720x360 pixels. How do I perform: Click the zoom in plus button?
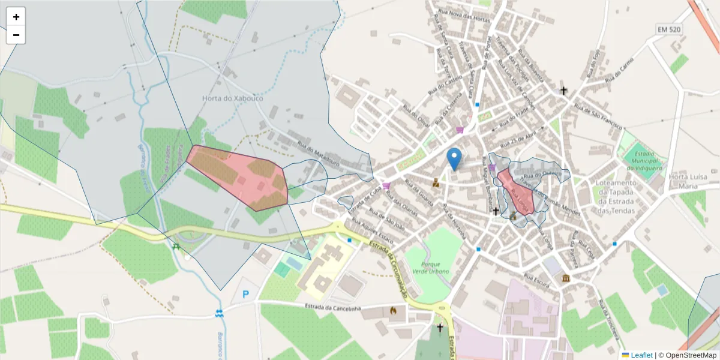click(16, 17)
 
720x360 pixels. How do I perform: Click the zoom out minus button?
click(16, 35)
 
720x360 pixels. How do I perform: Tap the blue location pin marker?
click(455, 158)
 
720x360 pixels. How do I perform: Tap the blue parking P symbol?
click(245, 295)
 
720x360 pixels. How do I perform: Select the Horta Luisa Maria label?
click(686, 181)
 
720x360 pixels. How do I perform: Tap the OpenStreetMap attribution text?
click(687, 355)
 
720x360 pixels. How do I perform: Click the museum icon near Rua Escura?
click(566, 278)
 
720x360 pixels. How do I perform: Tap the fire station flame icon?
click(393, 311)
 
